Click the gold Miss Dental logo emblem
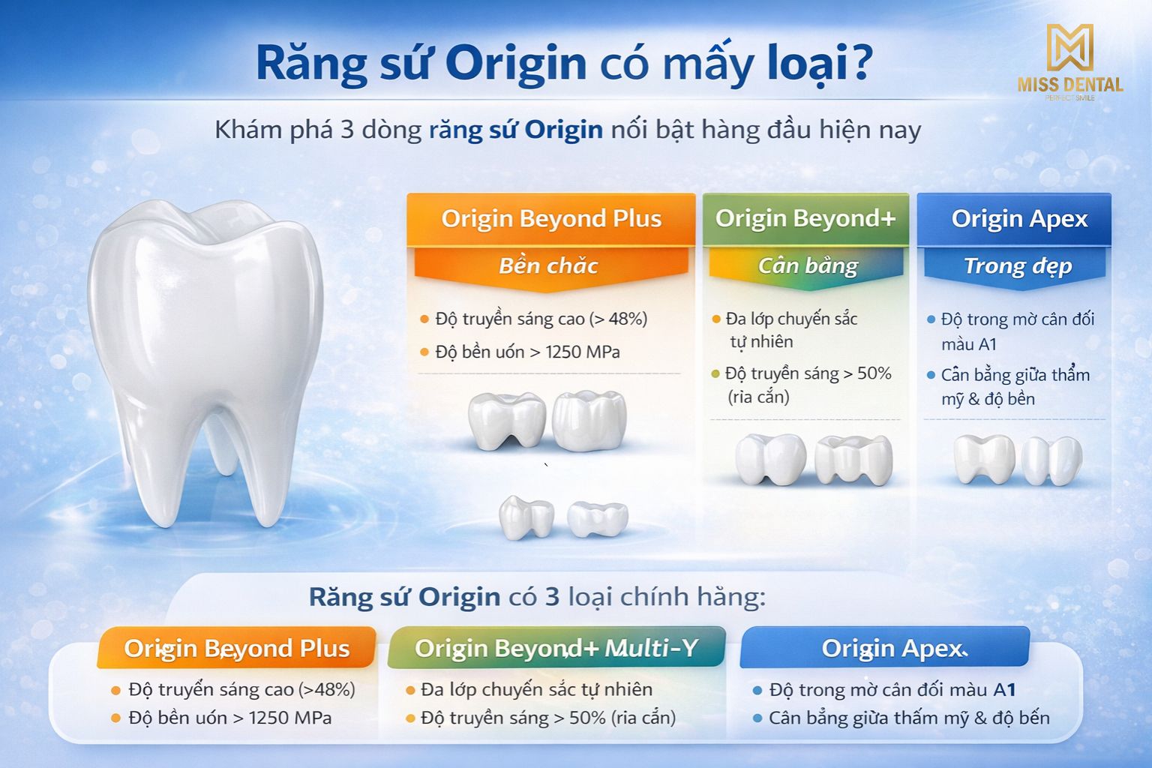1070,47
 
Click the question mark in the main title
855,63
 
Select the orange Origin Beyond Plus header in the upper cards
550,219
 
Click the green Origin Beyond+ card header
805,219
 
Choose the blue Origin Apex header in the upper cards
1014,220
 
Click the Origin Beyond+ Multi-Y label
556,647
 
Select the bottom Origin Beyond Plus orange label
236,648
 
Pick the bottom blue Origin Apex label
884,648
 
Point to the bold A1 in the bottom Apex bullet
1004,690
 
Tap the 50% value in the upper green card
874,373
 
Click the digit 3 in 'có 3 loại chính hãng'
552,597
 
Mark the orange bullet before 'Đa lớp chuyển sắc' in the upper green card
715,319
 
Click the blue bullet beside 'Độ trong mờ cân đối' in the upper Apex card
930,319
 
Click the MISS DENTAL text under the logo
1070,85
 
